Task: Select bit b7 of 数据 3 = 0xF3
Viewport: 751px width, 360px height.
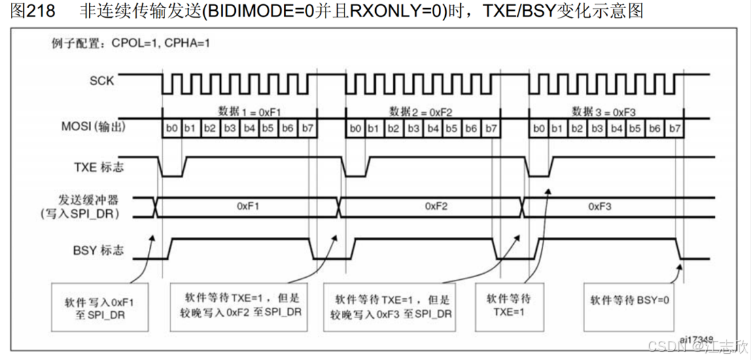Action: pyautogui.click(x=674, y=128)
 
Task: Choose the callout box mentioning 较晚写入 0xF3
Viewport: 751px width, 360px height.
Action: pyautogui.click(x=391, y=306)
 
